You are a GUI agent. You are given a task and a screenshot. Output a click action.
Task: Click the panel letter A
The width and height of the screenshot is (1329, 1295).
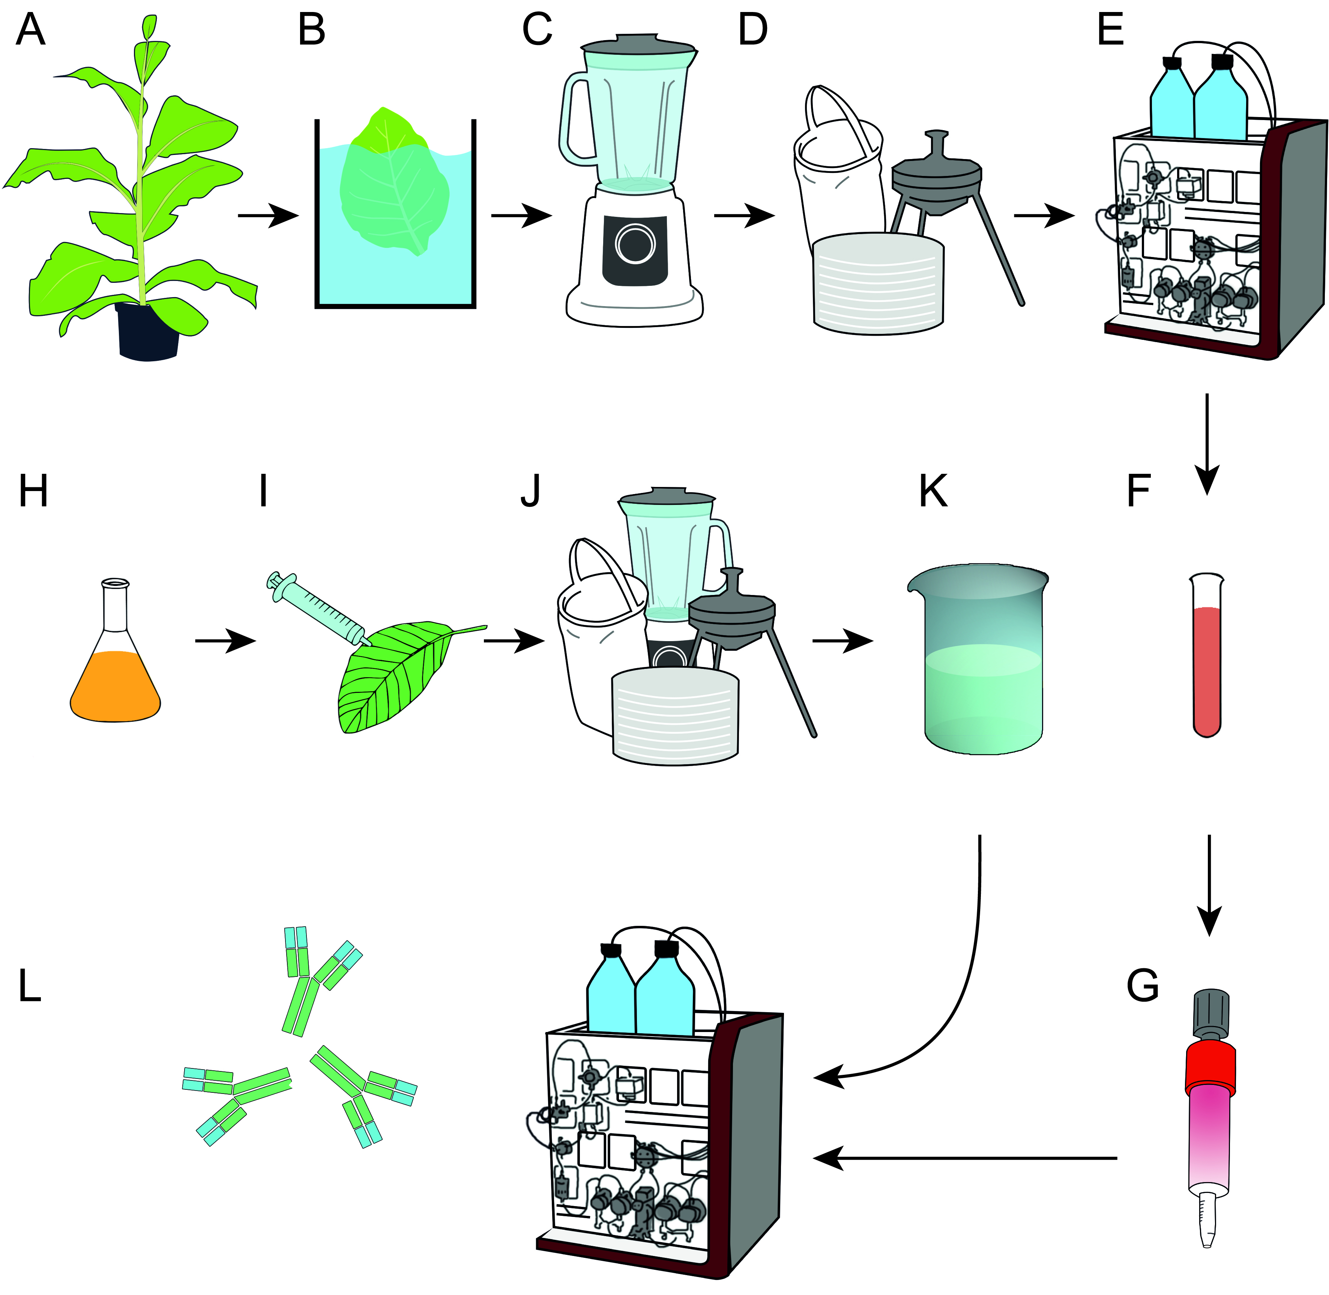tap(31, 31)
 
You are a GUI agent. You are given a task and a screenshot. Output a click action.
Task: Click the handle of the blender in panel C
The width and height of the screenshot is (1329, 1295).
tap(574, 122)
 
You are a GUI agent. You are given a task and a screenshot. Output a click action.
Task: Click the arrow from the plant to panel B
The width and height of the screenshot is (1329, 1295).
tap(268, 216)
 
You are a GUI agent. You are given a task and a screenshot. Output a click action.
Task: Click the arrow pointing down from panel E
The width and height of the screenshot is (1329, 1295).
tap(1207, 442)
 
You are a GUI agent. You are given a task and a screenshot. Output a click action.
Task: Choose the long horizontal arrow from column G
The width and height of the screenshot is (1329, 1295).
tap(966, 1158)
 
